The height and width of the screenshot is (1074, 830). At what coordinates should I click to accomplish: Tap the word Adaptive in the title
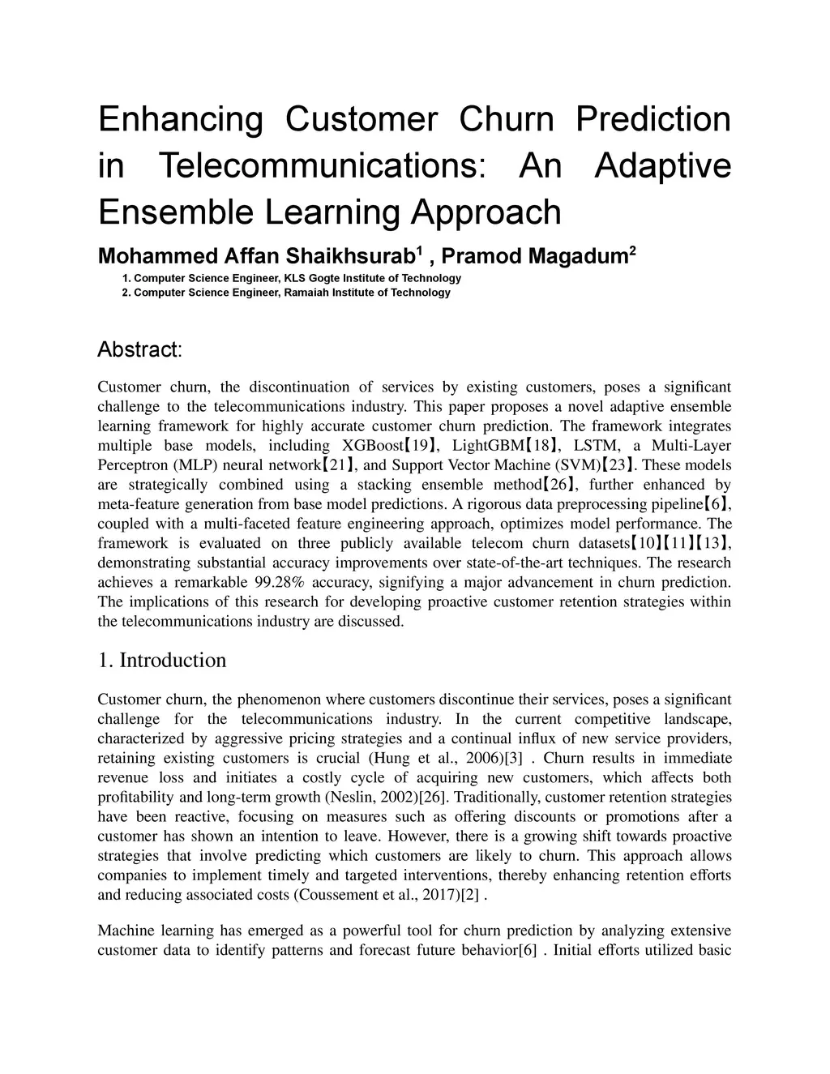[662, 165]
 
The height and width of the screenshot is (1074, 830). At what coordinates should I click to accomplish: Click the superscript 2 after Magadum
[632, 250]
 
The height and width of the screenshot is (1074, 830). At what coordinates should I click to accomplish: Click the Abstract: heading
[139, 350]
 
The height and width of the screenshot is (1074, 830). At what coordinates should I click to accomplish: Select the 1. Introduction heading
[161, 661]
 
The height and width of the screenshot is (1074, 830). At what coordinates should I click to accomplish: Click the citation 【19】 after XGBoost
[421, 446]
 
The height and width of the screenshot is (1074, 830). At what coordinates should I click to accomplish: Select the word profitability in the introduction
[136, 798]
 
